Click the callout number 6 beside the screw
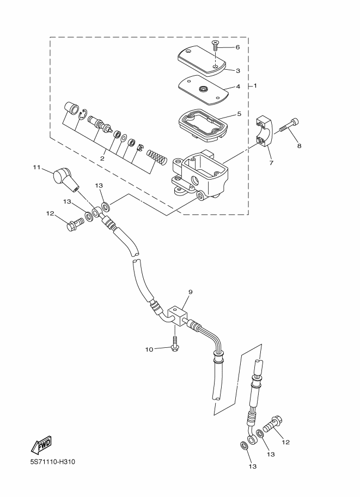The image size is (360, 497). tap(237, 47)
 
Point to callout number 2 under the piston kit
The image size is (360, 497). tap(102, 158)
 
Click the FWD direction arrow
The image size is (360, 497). tap(42, 445)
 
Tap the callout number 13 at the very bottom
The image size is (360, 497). tap(252, 466)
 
